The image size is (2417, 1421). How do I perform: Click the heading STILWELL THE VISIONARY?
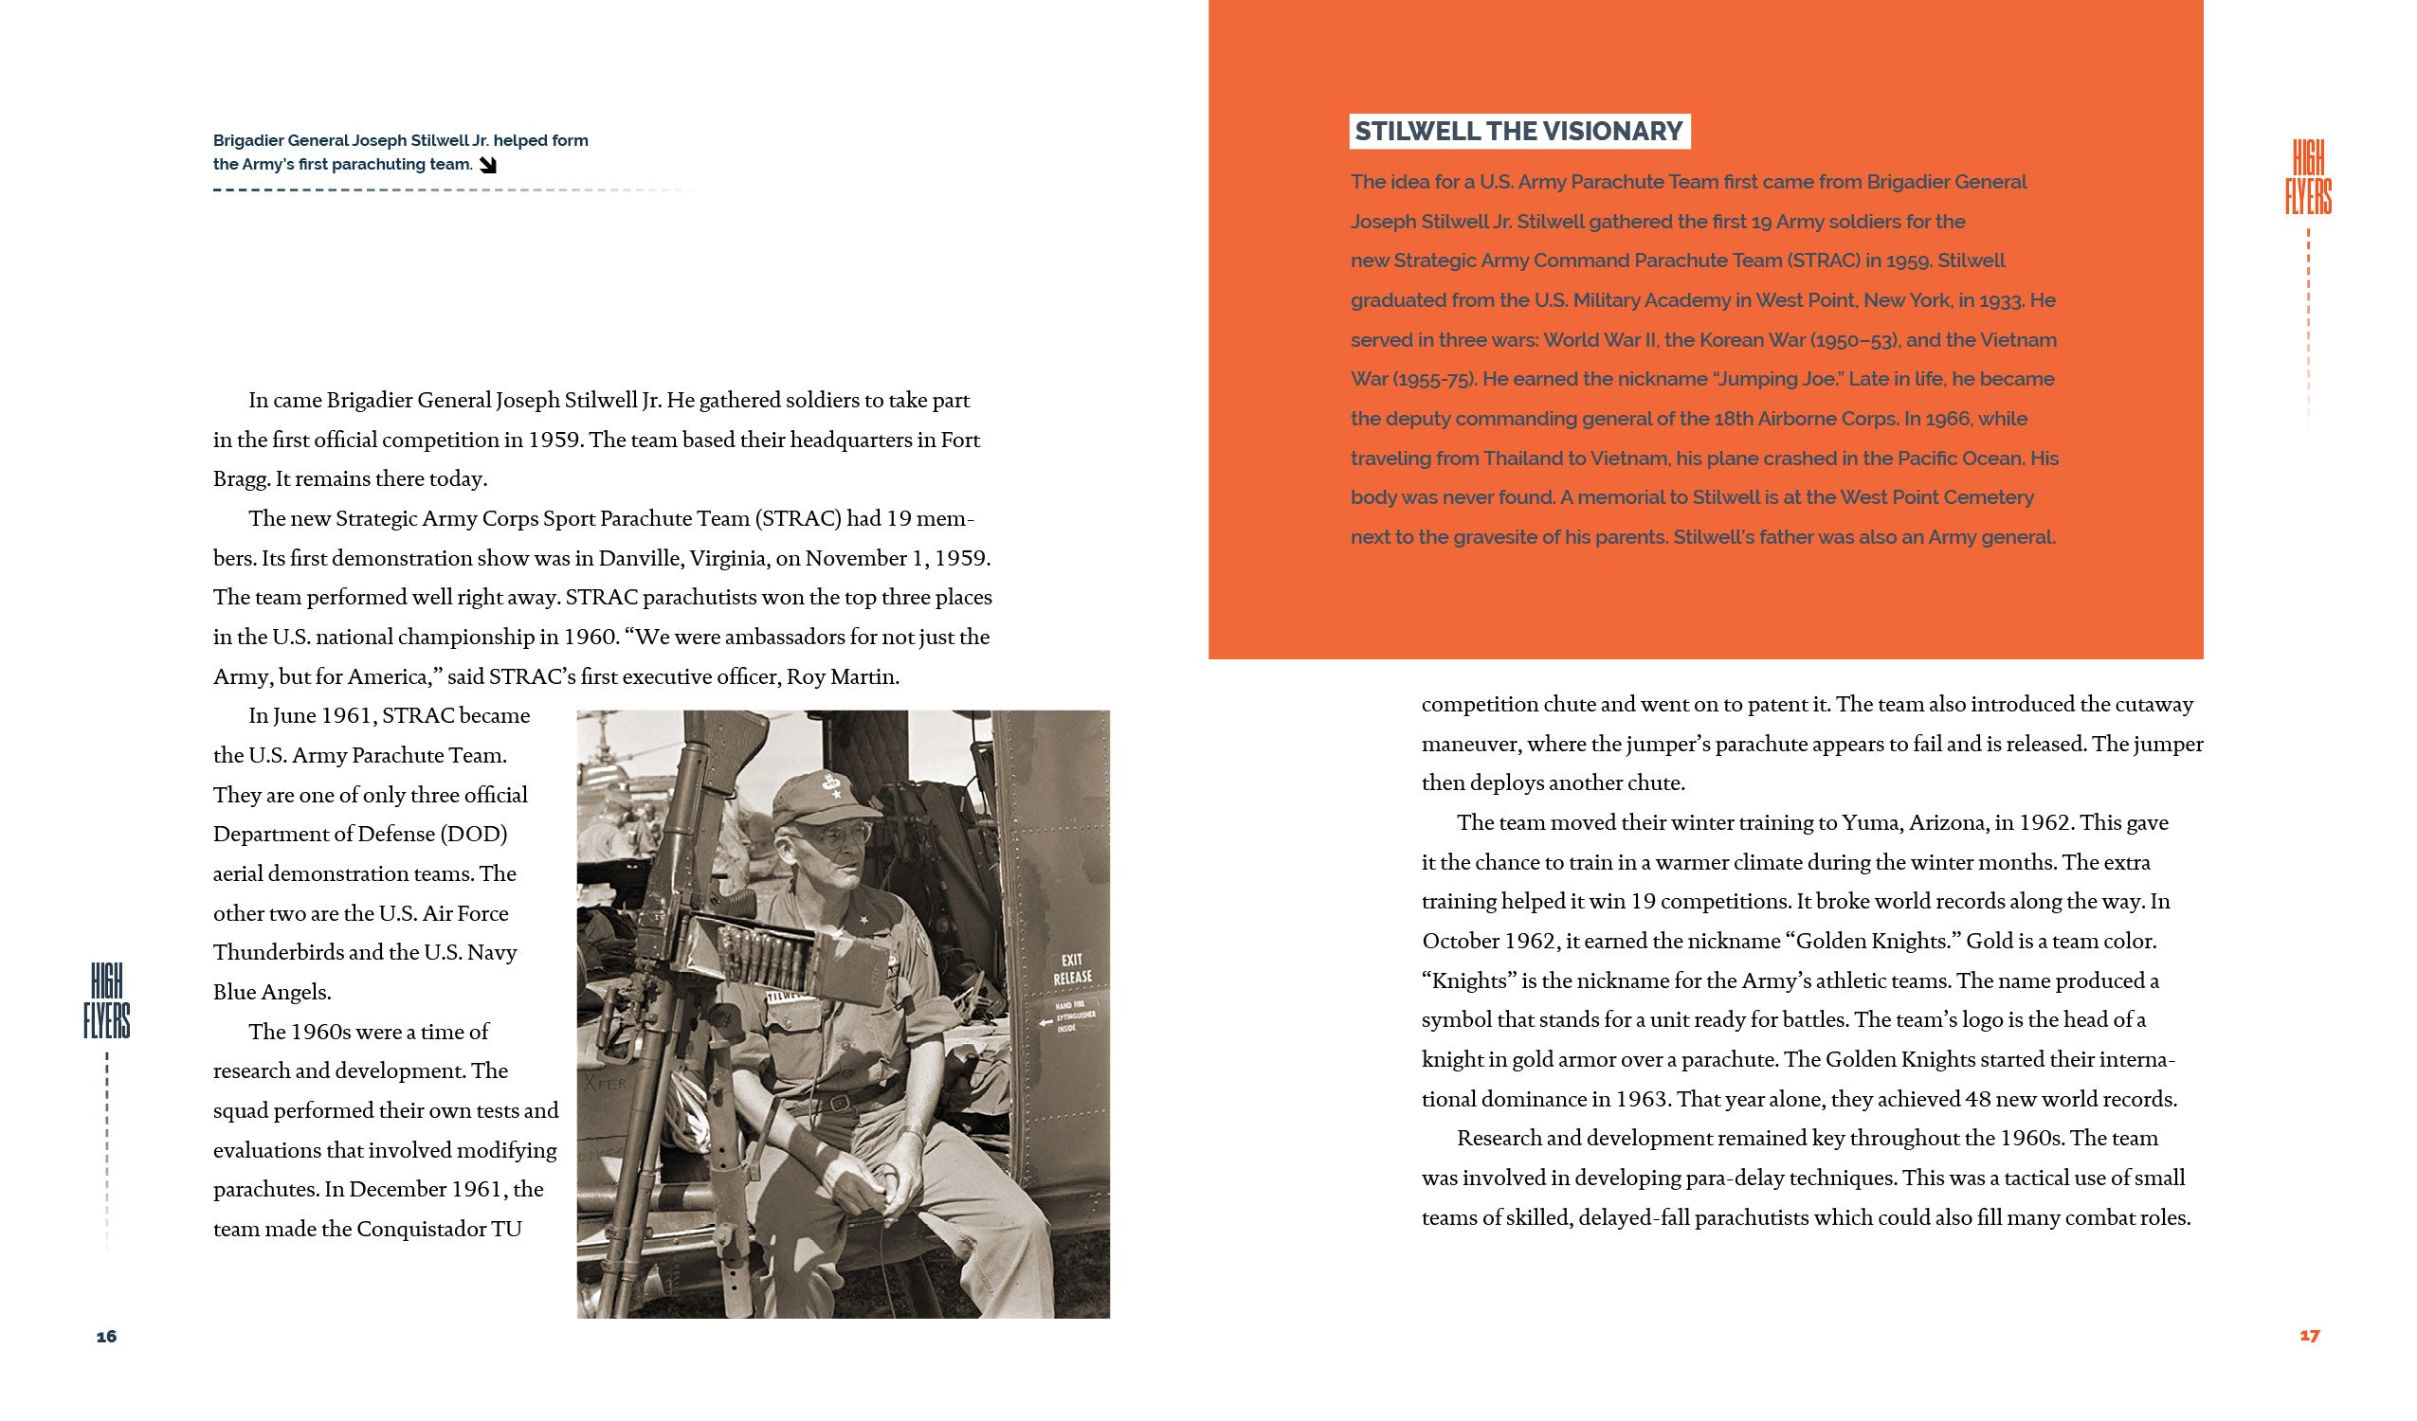click(1518, 132)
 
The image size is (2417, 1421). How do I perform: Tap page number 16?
click(106, 1337)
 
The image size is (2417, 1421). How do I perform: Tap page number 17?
click(2310, 1335)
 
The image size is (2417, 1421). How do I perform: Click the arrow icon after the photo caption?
click(488, 165)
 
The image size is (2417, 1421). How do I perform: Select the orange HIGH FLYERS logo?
click(2308, 177)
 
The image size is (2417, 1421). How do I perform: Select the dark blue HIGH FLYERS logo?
click(106, 1002)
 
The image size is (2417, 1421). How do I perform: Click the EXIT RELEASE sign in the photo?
click(1072, 968)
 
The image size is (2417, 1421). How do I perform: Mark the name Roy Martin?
click(842, 677)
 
